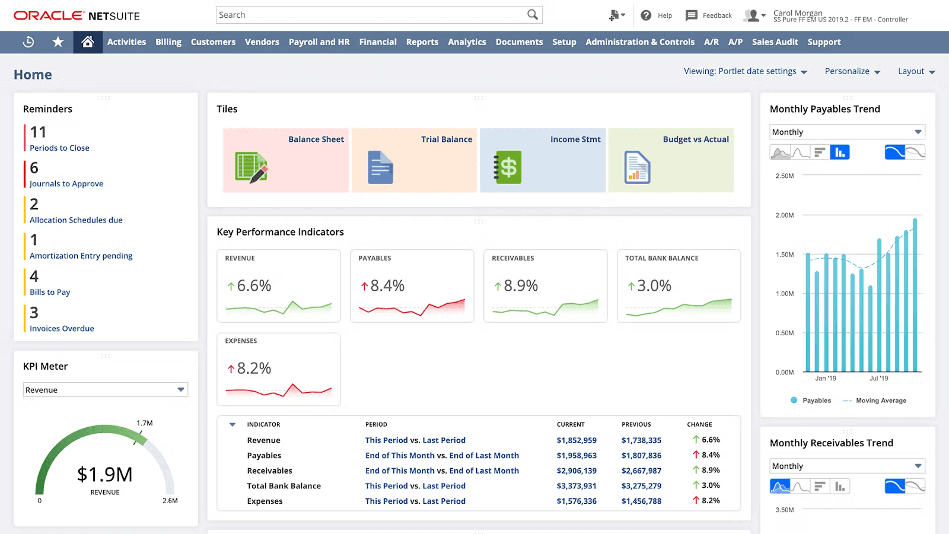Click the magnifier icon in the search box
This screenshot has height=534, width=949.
tap(533, 15)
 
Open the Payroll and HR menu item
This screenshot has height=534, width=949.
tap(319, 42)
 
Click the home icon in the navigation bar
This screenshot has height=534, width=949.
tap(88, 42)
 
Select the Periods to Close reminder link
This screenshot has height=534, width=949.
tap(59, 148)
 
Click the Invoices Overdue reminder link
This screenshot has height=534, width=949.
tap(62, 328)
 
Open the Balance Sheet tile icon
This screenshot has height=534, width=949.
tap(251, 167)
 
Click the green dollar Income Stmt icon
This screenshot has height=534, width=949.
tap(508, 167)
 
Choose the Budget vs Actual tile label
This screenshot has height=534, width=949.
tap(696, 139)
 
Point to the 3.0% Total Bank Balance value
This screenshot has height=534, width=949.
tap(654, 286)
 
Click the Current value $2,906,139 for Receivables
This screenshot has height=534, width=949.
tap(577, 471)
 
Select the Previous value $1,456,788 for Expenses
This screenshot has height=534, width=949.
tap(641, 501)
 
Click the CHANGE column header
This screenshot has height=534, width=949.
tap(699, 424)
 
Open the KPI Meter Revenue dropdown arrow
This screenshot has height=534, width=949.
tap(181, 390)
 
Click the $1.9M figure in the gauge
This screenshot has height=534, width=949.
tap(105, 475)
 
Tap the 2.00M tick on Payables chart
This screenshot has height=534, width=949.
tap(784, 215)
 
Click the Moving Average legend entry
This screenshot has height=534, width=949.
tap(880, 401)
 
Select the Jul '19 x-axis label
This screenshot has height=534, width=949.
tap(878, 379)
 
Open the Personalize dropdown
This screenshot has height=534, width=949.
tap(852, 71)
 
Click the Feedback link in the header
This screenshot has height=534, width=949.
tap(716, 15)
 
